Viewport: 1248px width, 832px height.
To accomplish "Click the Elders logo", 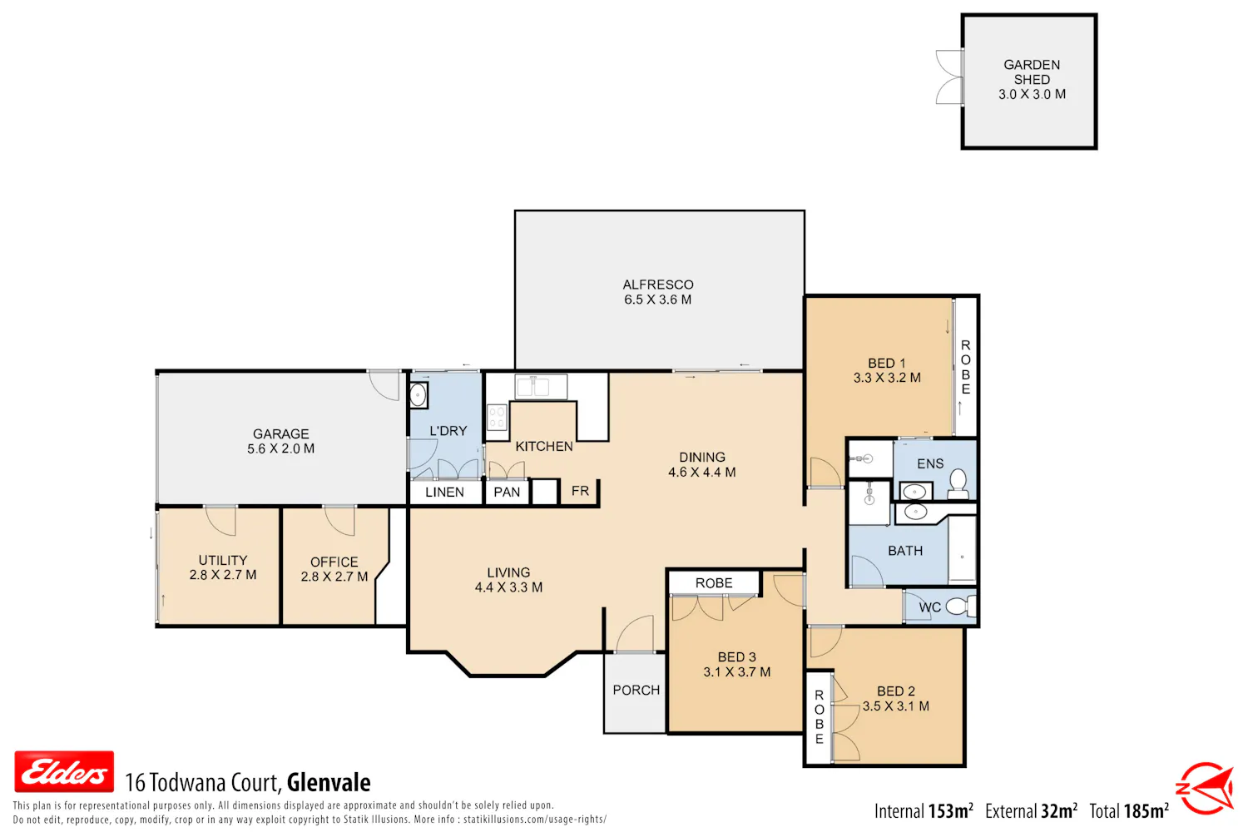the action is tap(64, 771).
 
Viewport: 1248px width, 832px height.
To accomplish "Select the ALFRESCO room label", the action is tap(658, 285).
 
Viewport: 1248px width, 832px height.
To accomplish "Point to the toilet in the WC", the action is tap(961, 606).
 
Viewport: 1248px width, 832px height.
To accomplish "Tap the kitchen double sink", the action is tap(541, 387).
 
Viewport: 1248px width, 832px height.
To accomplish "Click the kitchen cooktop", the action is tap(497, 418).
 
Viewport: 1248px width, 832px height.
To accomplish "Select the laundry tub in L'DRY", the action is tap(418, 395).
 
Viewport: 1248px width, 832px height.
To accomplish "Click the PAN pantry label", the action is tap(507, 492).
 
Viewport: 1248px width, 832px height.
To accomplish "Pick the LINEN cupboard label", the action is tap(444, 492).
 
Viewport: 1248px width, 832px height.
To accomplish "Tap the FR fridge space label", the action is tap(580, 491).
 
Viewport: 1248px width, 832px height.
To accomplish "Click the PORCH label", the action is tap(636, 690).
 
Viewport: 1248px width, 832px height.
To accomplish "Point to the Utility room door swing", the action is tap(221, 520).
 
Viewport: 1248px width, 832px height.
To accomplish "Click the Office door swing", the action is tap(339, 520).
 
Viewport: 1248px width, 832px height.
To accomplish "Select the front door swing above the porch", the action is tap(635, 633).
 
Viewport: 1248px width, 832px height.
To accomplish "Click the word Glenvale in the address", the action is tap(329, 783).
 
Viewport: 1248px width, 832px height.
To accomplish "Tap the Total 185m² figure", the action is tap(1129, 811).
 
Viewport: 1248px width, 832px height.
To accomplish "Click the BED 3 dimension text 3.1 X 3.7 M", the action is tap(737, 672).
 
